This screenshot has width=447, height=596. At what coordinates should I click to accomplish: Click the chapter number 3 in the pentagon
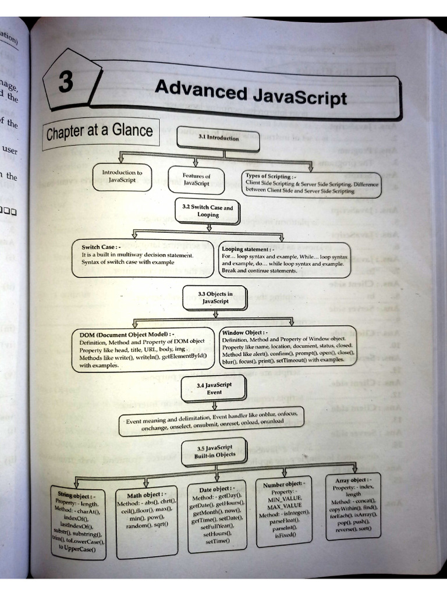pyautogui.click(x=66, y=82)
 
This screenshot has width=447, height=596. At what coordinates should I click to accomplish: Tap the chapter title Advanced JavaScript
pyautogui.click(x=250, y=93)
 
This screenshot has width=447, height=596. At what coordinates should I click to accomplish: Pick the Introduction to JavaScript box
pyautogui.click(x=122, y=176)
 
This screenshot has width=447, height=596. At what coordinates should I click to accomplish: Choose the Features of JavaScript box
pyautogui.click(x=196, y=179)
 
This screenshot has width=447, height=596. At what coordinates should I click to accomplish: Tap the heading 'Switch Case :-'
pyautogui.click(x=101, y=247)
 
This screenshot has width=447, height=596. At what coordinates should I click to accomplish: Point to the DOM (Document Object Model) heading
pyautogui.click(x=126, y=335)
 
